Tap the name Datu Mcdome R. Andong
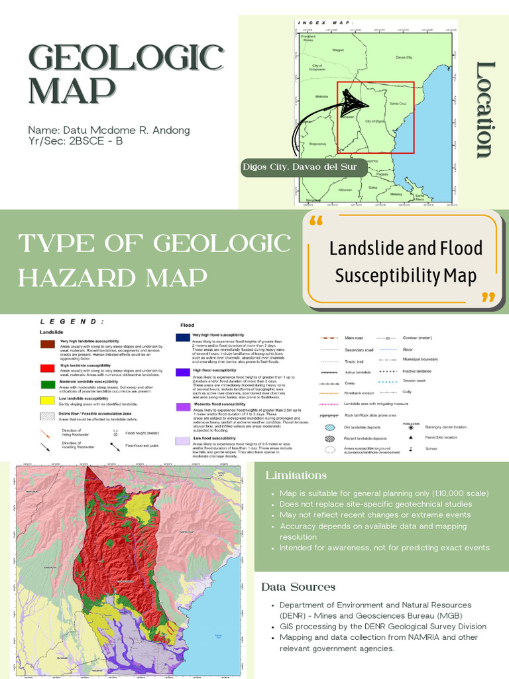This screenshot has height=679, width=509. pyautogui.click(x=109, y=130)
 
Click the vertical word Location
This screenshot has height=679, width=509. pyautogui.click(x=486, y=110)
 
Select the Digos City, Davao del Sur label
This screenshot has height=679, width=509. pyautogui.click(x=304, y=167)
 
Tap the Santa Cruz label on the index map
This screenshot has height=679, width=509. pyautogui.click(x=398, y=104)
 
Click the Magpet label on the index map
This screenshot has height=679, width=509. pyautogui.click(x=338, y=49)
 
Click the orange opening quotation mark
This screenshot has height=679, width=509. pyautogui.click(x=316, y=222)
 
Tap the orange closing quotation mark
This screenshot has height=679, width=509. pyautogui.click(x=488, y=297)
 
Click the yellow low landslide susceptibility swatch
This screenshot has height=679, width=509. pyautogui.click(x=47, y=401)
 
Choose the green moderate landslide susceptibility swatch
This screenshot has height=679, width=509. pyautogui.click(x=47, y=384)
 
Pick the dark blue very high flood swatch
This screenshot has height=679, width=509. pyautogui.click(x=183, y=337)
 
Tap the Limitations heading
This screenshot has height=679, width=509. pyautogui.click(x=296, y=475)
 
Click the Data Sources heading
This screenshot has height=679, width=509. pyautogui.click(x=298, y=587)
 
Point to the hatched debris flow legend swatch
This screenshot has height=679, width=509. pyautogui.click(x=47, y=416)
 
